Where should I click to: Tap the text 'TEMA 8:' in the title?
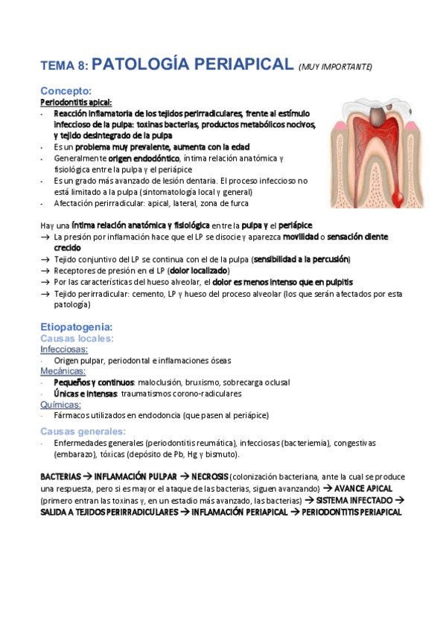[65, 66]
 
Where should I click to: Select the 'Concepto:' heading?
[66, 91]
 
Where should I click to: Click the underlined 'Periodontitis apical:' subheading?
[76, 102]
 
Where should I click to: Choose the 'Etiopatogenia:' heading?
[76, 326]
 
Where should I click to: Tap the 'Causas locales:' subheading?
[77, 338]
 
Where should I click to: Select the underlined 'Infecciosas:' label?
[64, 349]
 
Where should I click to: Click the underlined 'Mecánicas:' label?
[63, 371]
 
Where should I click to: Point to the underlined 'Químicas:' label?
[60, 404]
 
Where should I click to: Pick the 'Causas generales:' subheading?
[83, 431]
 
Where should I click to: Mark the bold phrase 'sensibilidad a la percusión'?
[301, 259]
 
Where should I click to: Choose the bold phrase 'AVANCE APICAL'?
[363, 488]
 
